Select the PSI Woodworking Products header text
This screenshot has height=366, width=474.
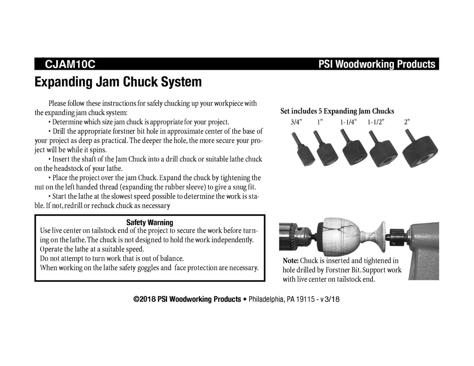[376, 64]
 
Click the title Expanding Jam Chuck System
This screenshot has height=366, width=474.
[118, 82]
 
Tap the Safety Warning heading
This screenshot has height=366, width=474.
[150, 222]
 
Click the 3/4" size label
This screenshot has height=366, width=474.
[296, 122]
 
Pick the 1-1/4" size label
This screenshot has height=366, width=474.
[348, 122]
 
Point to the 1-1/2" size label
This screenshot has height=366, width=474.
[376, 122]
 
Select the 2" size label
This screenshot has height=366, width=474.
[407, 122]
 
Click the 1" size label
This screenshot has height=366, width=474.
[320, 122]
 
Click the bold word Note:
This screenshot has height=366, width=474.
[290, 261]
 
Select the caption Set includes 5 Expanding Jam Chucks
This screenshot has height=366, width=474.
[337, 111]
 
